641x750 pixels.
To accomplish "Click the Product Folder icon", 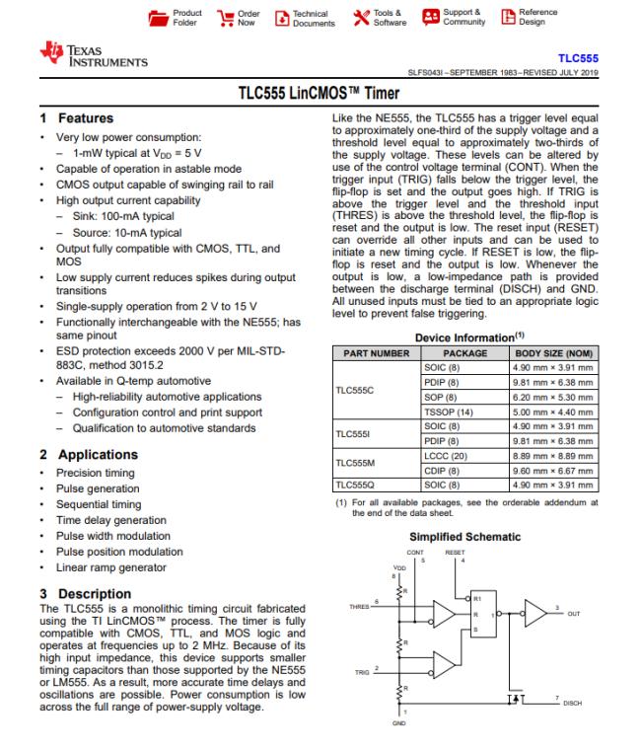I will (x=158, y=18).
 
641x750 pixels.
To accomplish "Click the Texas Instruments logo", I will (x=93, y=55).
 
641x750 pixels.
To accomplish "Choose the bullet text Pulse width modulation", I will (x=113, y=536).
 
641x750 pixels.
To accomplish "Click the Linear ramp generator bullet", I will (x=110, y=567).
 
